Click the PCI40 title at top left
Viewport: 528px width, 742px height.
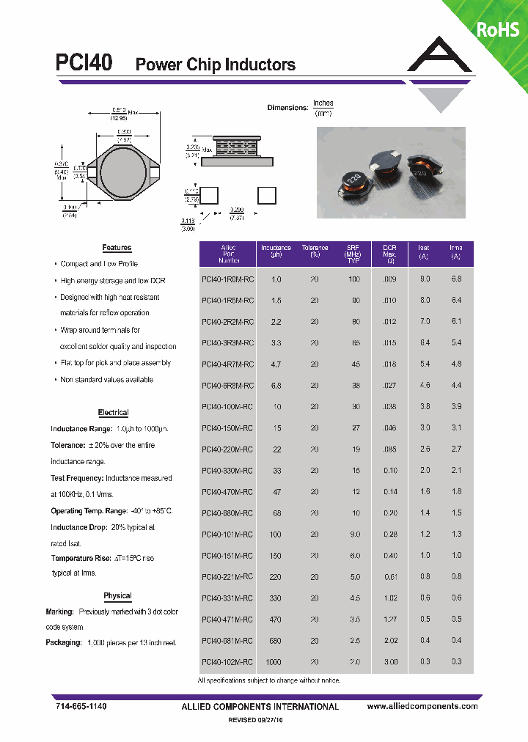click(84, 63)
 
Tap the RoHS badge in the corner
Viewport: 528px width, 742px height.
click(498, 29)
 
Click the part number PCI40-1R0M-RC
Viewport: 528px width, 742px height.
click(227, 279)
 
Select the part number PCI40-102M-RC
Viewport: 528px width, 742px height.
click(227, 662)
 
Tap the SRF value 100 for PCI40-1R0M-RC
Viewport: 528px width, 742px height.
click(354, 279)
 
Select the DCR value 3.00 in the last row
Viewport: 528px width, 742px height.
click(390, 662)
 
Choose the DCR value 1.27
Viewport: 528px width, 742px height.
click(390, 620)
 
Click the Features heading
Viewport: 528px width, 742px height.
click(117, 248)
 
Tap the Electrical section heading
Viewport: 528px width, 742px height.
click(113, 413)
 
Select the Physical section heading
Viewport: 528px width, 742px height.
click(117, 596)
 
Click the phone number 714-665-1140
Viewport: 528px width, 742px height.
click(81, 706)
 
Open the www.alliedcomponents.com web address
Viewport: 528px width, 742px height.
click(422, 706)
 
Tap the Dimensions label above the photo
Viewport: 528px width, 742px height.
click(287, 108)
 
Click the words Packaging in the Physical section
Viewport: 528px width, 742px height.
click(63, 642)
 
